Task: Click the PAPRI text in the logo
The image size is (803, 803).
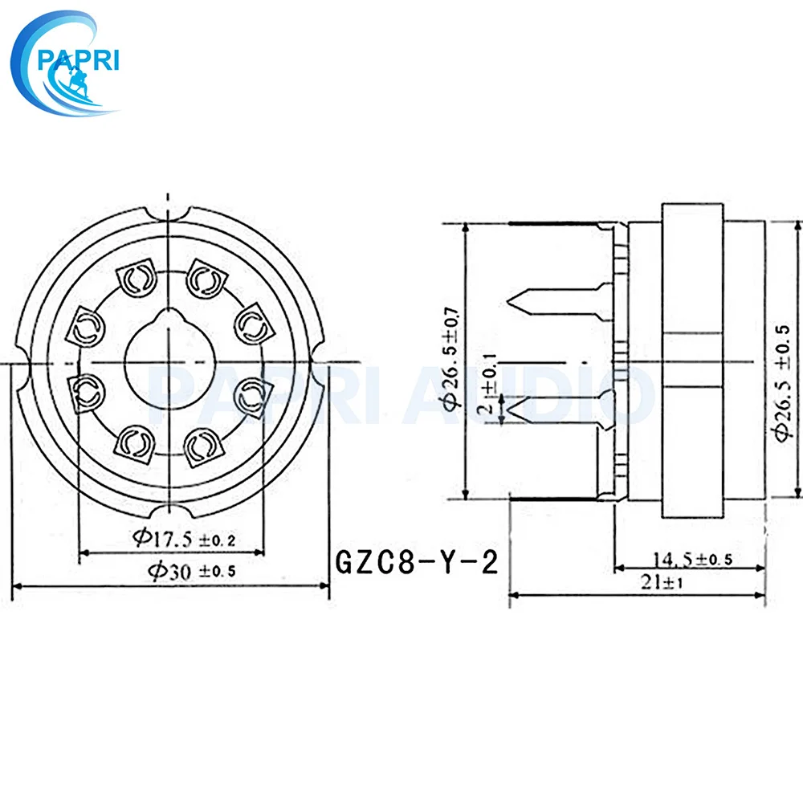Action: [79, 60]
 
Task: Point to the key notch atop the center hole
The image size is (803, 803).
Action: [166, 316]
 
